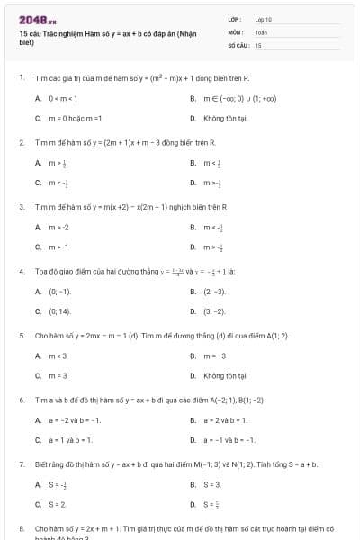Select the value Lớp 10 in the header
coord(263,19)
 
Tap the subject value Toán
coord(261,31)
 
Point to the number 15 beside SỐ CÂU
coord(258,44)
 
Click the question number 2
coord(21,142)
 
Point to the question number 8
coord(21,528)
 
